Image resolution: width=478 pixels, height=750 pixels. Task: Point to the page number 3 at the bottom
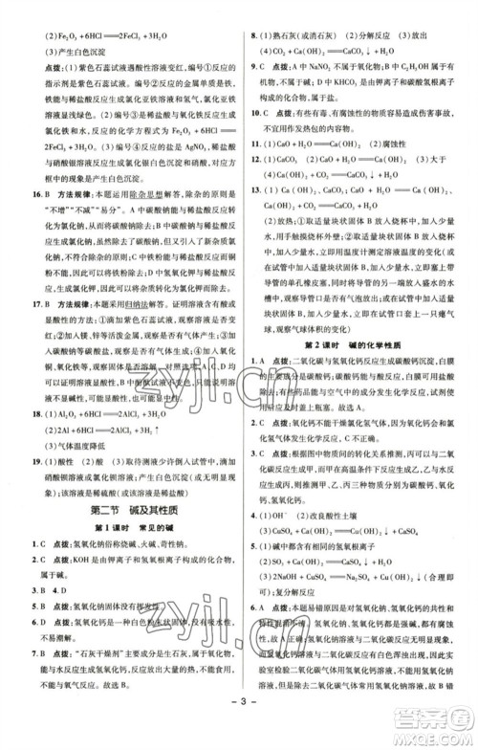point(239,732)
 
